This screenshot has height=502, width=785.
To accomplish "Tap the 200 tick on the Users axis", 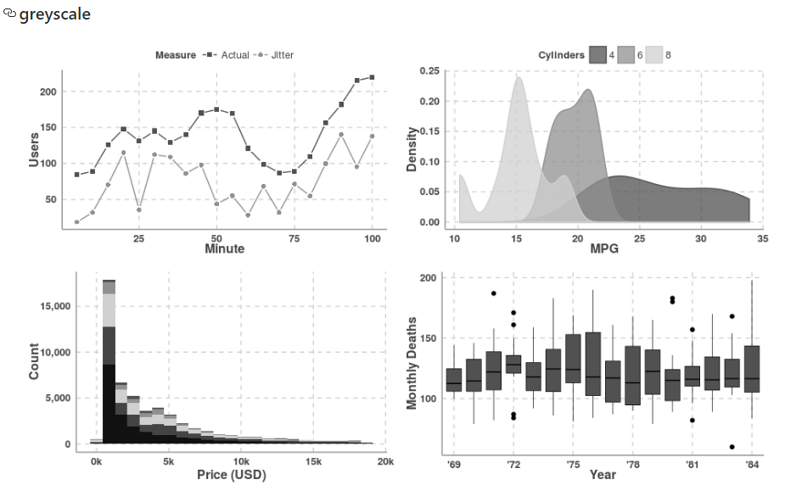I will click(x=48, y=92).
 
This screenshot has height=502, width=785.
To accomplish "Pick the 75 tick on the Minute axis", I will click(x=294, y=238).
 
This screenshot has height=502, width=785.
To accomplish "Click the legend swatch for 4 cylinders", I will click(x=598, y=55).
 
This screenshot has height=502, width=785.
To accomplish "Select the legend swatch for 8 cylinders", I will click(x=654, y=55).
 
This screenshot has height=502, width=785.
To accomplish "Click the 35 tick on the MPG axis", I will click(x=762, y=238).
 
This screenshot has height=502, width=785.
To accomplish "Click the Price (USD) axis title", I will click(x=231, y=475).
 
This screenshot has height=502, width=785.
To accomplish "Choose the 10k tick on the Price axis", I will click(x=241, y=461).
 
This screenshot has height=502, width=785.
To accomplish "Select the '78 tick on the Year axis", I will click(x=632, y=465).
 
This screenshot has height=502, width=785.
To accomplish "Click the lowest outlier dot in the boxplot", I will click(x=732, y=447).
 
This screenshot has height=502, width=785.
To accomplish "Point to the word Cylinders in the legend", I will click(x=561, y=55).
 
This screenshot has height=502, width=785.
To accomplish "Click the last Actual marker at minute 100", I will click(x=372, y=77).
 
